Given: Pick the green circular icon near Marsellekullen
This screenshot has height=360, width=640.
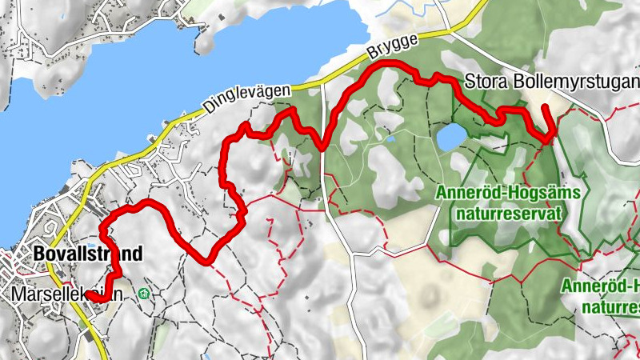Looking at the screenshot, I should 143,294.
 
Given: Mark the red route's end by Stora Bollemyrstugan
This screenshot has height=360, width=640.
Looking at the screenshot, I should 546,106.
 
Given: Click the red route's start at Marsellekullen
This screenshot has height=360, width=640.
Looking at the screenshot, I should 90,294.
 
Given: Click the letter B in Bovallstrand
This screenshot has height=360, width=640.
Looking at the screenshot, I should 40,254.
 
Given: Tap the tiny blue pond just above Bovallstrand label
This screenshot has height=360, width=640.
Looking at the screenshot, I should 94,240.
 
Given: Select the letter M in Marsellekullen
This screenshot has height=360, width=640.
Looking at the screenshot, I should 20,294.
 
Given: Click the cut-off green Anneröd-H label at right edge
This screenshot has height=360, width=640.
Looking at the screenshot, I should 600,286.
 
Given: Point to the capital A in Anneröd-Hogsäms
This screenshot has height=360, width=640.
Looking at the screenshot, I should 442,193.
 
